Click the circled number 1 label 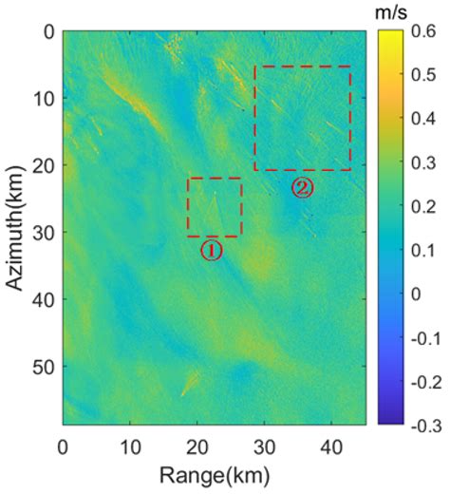click(x=211, y=250)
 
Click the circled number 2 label click(x=302, y=187)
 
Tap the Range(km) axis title click(x=212, y=472)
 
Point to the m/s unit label click(x=393, y=11)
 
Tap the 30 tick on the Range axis click(x=264, y=443)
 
